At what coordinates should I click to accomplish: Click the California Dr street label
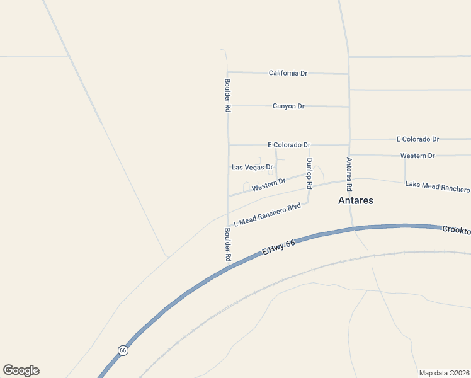click(288, 73)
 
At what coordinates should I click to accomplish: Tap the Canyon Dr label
click(288, 106)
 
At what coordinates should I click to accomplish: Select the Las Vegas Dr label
click(252, 168)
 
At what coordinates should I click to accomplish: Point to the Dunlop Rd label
click(309, 173)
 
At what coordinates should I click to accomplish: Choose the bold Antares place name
click(356, 200)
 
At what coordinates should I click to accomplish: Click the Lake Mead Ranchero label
click(437, 186)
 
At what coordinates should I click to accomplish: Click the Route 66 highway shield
click(123, 350)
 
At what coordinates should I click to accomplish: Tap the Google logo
click(21, 370)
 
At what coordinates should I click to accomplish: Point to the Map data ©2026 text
click(444, 373)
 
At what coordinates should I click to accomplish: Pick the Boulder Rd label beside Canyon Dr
click(227, 95)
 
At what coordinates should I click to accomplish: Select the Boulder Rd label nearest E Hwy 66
click(227, 245)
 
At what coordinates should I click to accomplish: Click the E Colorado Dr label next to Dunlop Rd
click(289, 144)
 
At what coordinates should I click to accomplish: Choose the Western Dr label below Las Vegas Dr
click(268, 185)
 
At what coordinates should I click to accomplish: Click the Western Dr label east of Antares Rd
click(417, 156)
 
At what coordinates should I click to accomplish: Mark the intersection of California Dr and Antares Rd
click(349, 74)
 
